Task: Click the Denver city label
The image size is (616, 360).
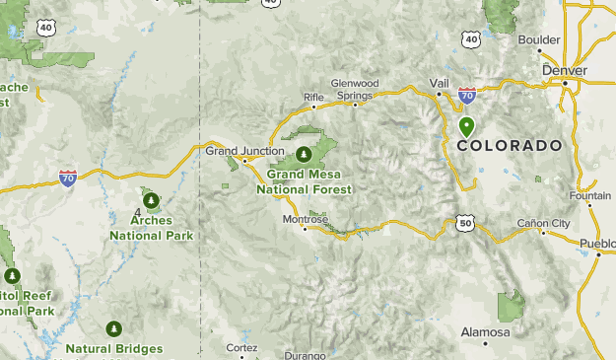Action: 565,71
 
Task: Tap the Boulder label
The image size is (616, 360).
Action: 539,39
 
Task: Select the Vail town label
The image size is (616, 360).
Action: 440,82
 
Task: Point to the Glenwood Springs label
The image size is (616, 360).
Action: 355,89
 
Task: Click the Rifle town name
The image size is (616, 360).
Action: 313,97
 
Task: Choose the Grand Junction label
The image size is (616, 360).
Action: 237,151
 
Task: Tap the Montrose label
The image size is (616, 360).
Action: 304,219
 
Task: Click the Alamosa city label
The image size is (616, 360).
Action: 485,332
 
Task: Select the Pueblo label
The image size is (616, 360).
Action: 597,243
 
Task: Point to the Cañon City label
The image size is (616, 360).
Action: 544,223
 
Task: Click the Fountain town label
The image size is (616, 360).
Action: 590,195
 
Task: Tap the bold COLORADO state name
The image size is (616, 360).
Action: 510,145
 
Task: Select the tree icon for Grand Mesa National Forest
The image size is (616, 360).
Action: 305,155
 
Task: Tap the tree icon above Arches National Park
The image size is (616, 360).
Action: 151,201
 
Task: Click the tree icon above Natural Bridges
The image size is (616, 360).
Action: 114,328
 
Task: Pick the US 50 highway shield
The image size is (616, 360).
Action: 465,224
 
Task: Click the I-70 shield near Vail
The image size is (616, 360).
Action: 466,96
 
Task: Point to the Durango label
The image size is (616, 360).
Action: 304,355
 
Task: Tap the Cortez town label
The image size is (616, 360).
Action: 241,348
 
